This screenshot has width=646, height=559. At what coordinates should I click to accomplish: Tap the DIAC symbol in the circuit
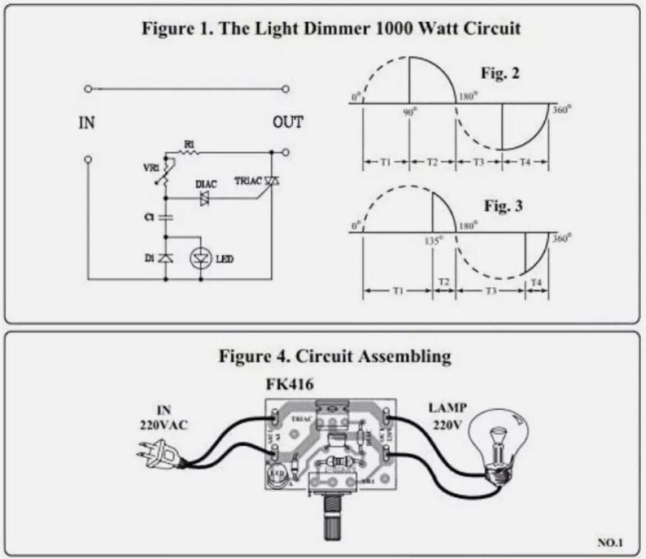point(203,198)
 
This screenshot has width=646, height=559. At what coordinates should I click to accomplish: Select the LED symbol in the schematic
point(198,258)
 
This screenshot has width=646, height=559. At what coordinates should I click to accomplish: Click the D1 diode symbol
point(166,258)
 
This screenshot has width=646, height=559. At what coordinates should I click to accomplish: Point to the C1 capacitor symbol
point(166,217)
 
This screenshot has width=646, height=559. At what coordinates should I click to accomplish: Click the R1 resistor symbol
point(189,152)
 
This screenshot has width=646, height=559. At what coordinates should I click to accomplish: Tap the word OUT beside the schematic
point(287,123)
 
